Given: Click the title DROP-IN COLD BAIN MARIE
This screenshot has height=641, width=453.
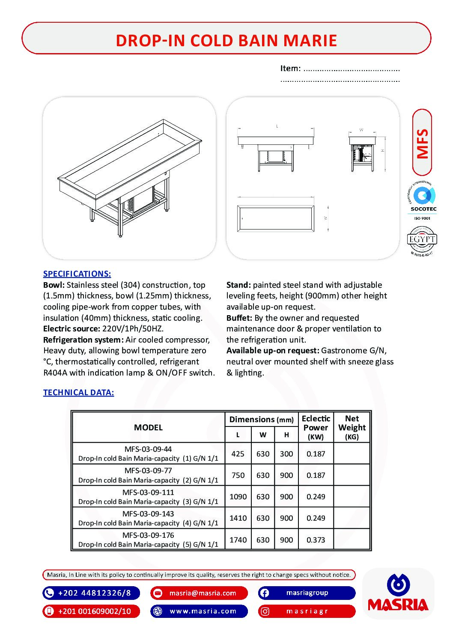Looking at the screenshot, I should coord(226,40).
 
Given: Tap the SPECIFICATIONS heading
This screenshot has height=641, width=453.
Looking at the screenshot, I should coord(77,274).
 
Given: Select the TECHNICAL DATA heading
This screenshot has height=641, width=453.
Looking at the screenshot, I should coord(78,392).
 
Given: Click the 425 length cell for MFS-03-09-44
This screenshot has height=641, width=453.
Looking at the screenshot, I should coord(238,454).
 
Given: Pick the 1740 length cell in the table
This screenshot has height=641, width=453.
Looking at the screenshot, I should coord(238,540).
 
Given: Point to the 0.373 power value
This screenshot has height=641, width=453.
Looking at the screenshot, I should coord(316,540).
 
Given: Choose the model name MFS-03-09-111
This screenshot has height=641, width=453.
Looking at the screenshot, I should coord(148,492).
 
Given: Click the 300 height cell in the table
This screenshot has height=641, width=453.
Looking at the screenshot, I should coord(286,454).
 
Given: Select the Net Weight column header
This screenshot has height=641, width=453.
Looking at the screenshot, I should coord(352,427).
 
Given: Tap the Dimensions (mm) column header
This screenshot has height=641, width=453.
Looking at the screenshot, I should coord(261,420).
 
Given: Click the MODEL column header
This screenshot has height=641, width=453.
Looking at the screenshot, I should coord(148,427).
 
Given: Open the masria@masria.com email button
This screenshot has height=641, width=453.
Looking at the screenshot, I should coord(199,593).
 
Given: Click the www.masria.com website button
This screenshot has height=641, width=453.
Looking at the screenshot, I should coord(199,611).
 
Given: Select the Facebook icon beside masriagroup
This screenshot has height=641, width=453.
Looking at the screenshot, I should coord(265,593).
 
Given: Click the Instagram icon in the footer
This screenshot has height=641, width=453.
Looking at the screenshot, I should coord(265,611).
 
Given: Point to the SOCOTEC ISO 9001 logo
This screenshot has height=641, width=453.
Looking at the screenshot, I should coord(423,201).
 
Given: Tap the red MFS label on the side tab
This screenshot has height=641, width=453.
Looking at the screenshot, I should coord(422,143).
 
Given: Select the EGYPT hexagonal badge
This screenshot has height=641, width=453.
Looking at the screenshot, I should coord(422,240).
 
